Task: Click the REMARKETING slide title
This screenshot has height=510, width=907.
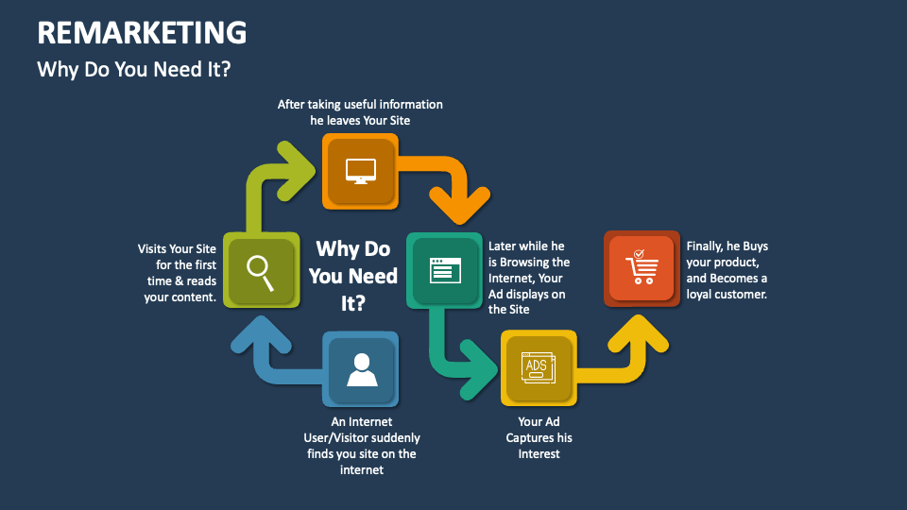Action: tap(142, 33)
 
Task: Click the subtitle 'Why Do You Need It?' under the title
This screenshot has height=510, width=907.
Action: tap(133, 70)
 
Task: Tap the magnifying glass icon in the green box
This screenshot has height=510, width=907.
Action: tap(261, 270)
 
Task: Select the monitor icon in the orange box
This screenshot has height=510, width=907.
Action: tap(360, 171)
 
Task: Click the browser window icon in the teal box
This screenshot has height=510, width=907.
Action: tap(444, 271)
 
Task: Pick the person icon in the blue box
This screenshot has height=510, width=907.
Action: tap(361, 369)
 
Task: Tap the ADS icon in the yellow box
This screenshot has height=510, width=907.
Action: tap(537, 367)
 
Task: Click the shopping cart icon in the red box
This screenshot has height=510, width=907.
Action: tap(642, 268)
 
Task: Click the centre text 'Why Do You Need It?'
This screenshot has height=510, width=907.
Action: tap(352, 276)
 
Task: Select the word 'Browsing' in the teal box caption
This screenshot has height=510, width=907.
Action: tap(527, 262)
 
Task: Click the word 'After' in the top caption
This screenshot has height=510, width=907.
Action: tap(293, 104)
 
